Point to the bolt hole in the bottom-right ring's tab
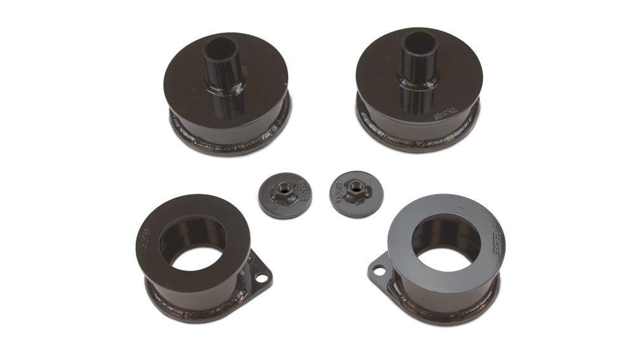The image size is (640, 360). (379, 269)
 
